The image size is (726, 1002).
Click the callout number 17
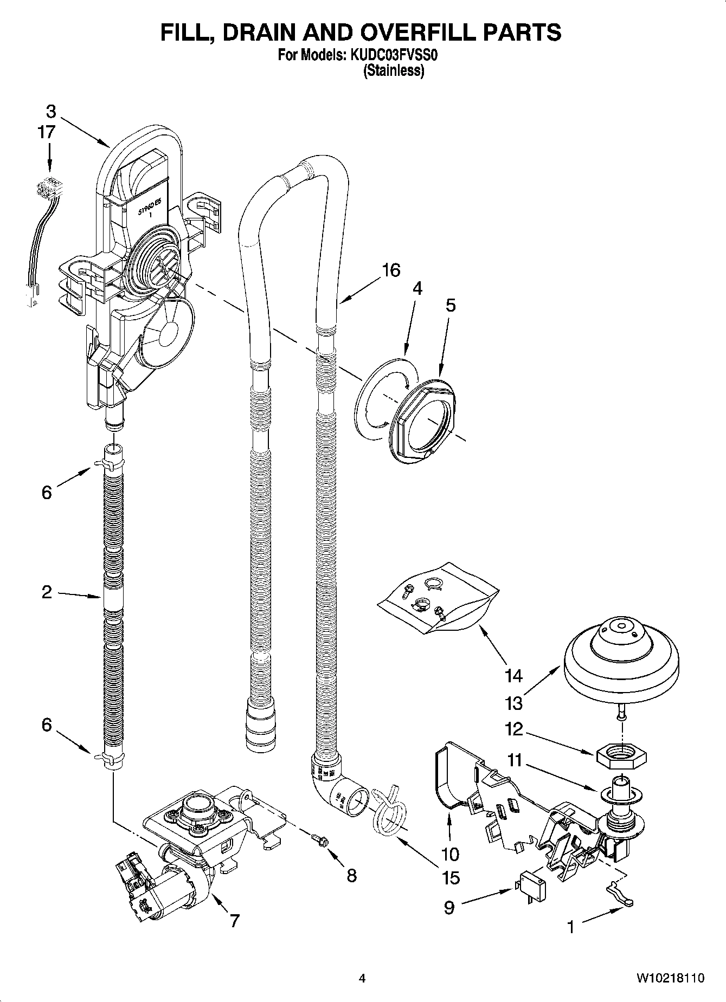[x=47, y=132]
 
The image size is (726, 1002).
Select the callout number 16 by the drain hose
[x=390, y=270]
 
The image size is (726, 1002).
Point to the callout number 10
[x=449, y=854]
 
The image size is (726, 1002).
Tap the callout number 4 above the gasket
[x=416, y=288]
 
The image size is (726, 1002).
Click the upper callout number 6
[x=47, y=492]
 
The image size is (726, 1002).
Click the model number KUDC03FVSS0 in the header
[x=395, y=55]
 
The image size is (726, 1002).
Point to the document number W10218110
[x=670, y=978]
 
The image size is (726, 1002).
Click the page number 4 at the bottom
[x=362, y=978]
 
